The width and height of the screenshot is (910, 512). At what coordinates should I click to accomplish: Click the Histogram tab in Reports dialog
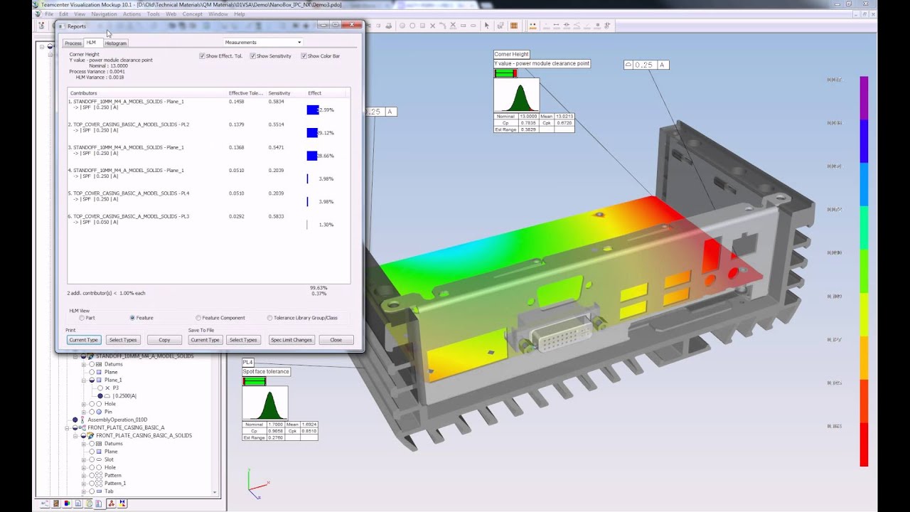click(115, 43)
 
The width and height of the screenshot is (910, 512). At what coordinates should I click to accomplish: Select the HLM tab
click(91, 43)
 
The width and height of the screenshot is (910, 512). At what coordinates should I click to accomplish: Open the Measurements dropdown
click(263, 43)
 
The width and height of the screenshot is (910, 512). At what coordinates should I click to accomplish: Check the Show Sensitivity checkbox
click(253, 56)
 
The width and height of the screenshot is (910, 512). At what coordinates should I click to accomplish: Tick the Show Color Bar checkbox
click(304, 56)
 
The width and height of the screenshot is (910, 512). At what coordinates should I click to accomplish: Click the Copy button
click(164, 340)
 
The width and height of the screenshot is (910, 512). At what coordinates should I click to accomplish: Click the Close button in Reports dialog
click(336, 340)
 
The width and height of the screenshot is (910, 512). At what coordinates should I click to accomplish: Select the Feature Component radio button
click(198, 318)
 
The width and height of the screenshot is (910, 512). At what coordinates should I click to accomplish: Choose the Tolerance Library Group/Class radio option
click(270, 318)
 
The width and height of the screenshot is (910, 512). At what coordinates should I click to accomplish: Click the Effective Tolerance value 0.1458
click(236, 102)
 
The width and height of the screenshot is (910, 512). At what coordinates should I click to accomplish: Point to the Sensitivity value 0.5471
click(276, 147)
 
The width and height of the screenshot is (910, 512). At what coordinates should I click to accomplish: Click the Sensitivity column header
click(279, 93)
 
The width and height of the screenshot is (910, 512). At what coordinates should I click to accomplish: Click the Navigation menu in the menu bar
click(104, 14)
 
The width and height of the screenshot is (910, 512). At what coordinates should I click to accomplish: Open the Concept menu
click(192, 14)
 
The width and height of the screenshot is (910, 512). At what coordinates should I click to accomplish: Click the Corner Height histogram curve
click(518, 97)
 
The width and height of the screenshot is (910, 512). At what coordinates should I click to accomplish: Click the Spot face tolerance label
click(266, 371)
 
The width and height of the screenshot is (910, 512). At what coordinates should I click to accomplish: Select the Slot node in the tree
click(109, 459)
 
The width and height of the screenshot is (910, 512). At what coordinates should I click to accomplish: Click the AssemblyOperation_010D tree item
click(117, 420)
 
